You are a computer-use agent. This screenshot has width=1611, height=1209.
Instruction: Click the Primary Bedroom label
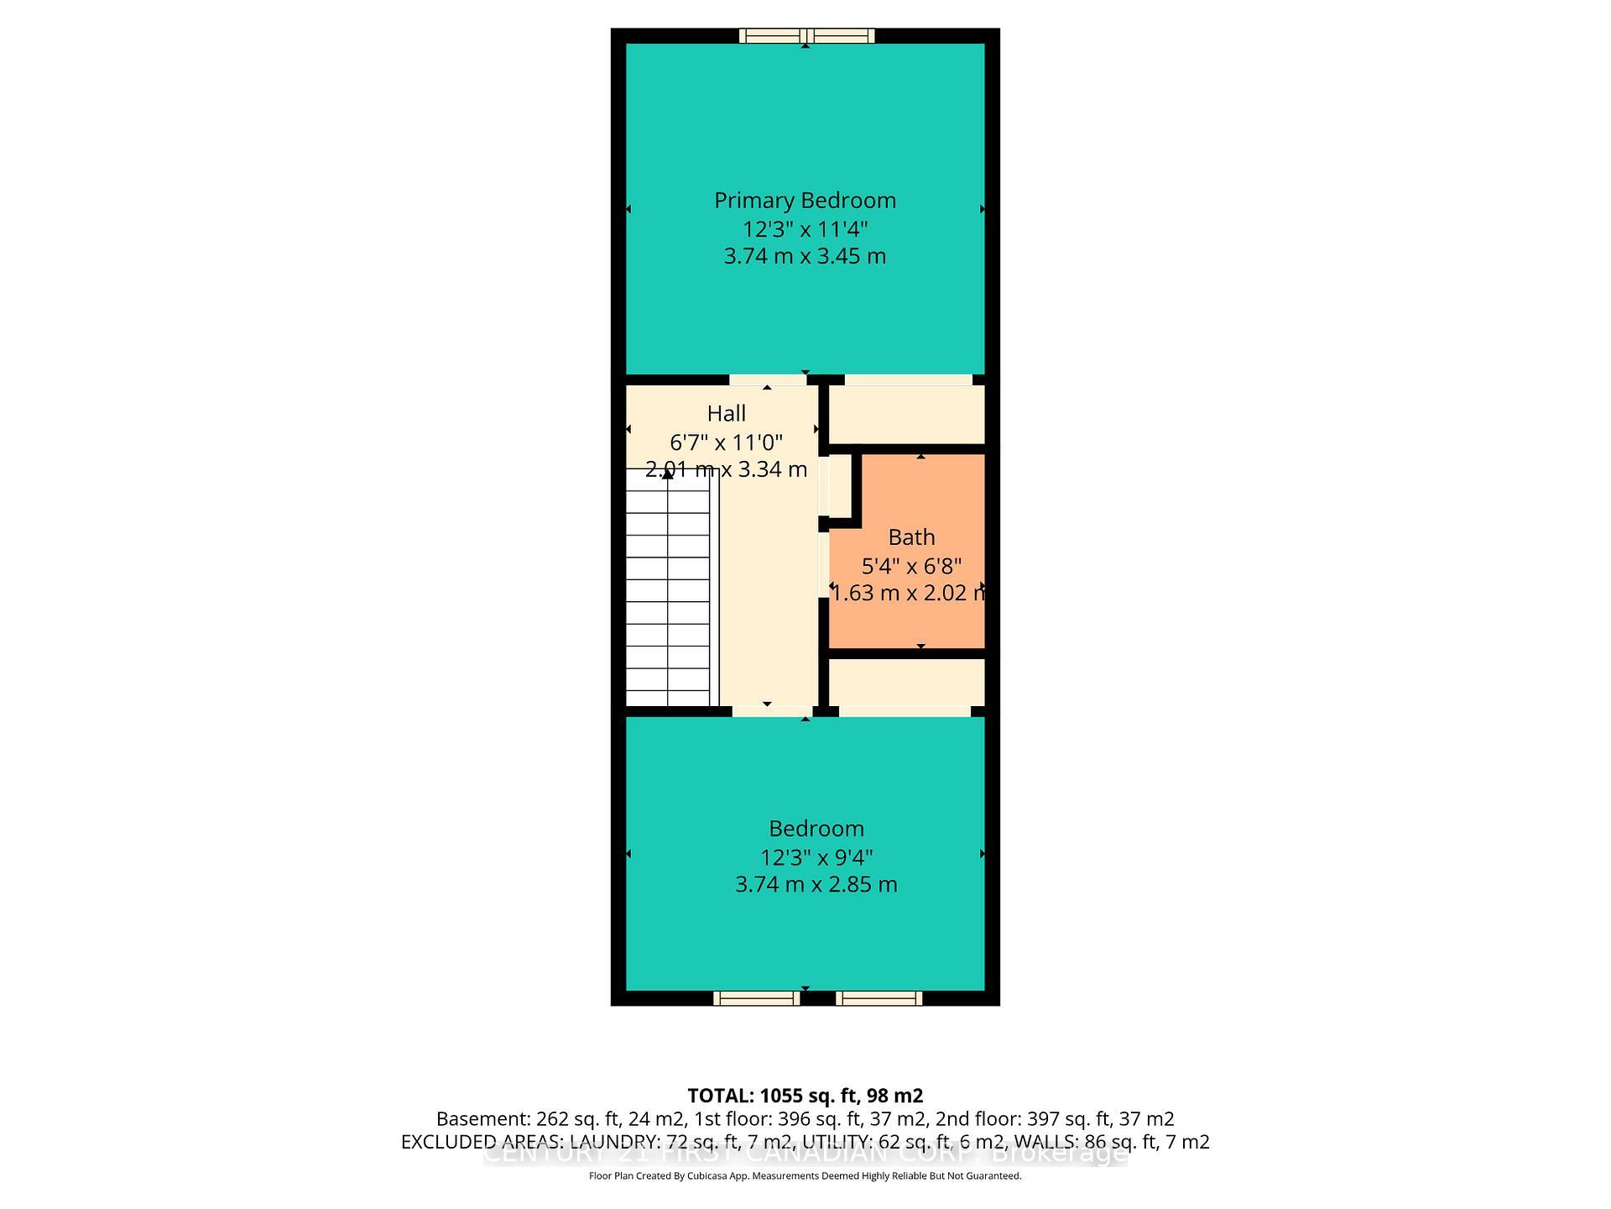click(x=805, y=201)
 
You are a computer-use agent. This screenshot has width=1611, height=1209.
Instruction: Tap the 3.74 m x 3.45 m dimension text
click(x=805, y=256)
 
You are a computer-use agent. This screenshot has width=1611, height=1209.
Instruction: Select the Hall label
click(x=727, y=414)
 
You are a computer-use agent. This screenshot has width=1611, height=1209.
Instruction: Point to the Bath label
click(x=911, y=537)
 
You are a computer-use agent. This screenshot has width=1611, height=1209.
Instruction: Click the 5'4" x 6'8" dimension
click(x=911, y=566)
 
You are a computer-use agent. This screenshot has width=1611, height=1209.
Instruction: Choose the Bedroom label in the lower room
click(x=816, y=829)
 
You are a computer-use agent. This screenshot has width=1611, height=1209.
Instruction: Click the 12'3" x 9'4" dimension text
click(x=816, y=857)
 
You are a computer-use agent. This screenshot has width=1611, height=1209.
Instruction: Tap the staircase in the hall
click(x=669, y=588)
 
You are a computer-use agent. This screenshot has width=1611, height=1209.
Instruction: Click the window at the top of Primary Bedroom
click(x=806, y=35)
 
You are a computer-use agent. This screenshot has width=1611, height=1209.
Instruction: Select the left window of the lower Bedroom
click(x=756, y=998)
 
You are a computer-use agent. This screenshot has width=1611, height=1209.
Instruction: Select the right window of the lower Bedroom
click(x=878, y=998)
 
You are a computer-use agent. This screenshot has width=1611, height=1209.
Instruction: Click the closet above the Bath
click(x=906, y=414)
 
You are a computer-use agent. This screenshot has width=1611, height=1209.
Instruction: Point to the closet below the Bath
click(x=906, y=682)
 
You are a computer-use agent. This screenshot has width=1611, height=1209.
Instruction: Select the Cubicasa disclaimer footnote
click(x=805, y=1176)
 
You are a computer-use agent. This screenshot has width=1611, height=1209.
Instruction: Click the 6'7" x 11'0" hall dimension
click(x=727, y=442)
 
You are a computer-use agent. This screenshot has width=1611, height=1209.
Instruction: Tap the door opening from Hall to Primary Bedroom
click(x=768, y=380)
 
